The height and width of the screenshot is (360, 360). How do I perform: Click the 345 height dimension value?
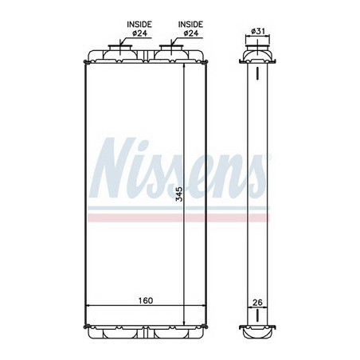click(x=179, y=194)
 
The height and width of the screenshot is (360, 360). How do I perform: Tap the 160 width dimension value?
click(x=146, y=300)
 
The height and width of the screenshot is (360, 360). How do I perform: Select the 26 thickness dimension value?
click(x=257, y=302)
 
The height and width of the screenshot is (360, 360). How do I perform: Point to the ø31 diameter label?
click(x=258, y=31)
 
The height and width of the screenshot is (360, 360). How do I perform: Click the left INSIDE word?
click(x=139, y=25)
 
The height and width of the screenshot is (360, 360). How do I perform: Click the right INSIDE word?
click(x=190, y=25)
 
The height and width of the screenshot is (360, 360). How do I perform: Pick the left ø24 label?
click(x=139, y=33)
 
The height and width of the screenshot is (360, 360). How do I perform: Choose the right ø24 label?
click(x=190, y=33)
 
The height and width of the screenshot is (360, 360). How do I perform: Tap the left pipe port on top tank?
click(x=120, y=49)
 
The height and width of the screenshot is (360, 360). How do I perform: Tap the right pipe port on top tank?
click(x=171, y=49)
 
